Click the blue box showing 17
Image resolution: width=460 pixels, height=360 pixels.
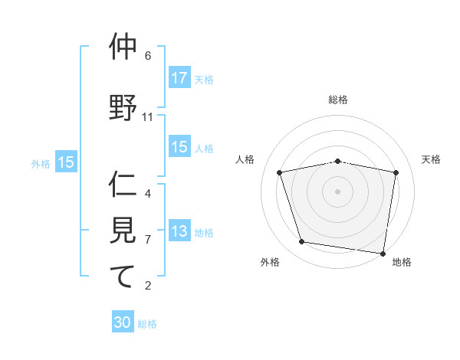coord(179,78)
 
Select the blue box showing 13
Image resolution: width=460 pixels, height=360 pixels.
coord(179,231)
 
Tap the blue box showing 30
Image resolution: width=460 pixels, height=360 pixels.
coord(123,322)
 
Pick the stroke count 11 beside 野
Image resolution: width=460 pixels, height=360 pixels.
coord(149,117)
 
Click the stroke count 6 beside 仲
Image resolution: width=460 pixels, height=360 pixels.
coord(148,56)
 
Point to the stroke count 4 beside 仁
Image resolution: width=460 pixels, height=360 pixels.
coord(148,194)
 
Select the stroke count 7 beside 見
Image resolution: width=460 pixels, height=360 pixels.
coord(148,240)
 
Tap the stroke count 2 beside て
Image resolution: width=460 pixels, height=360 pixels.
coord(148,286)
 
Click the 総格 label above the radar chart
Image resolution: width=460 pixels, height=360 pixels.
coord(338,100)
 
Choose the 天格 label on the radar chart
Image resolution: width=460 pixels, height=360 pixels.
coord(431,159)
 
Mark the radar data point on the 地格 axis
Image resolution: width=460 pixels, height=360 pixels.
coord(383,253)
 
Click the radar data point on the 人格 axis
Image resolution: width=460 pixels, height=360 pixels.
coord(280,172)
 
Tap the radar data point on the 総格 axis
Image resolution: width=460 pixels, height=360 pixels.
coord(338,161)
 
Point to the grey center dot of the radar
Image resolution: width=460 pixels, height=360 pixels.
coord(338,191)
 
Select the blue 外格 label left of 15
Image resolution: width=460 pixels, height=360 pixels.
coord(41,162)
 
